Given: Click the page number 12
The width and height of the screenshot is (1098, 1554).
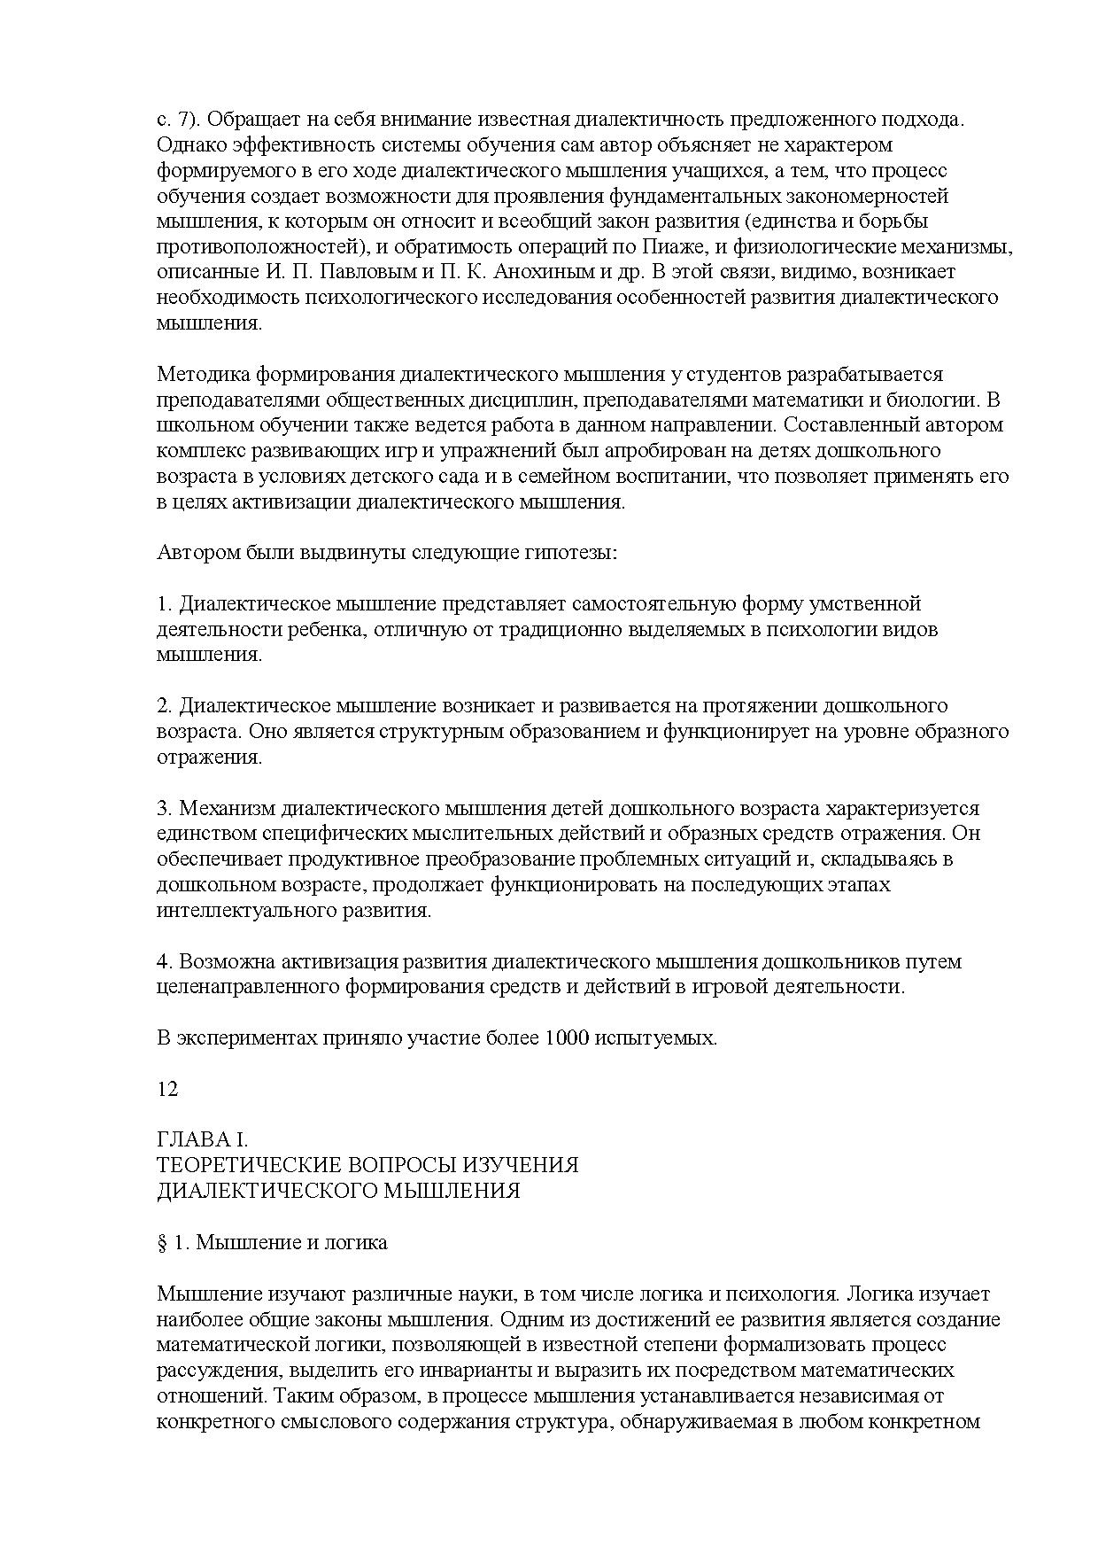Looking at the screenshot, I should click(167, 1089).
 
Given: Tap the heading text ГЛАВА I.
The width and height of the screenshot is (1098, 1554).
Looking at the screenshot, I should click(204, 1139).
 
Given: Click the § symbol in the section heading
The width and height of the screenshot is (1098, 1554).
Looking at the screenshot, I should click(162, 1242).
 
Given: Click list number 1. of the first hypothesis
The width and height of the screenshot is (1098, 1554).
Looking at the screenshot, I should click(164, 604).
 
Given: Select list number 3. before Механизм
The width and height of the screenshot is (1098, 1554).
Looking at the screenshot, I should click(164, 809).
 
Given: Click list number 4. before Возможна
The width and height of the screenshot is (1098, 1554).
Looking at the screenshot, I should click(164, 962).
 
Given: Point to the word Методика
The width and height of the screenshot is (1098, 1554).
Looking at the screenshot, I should click(199, 375).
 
